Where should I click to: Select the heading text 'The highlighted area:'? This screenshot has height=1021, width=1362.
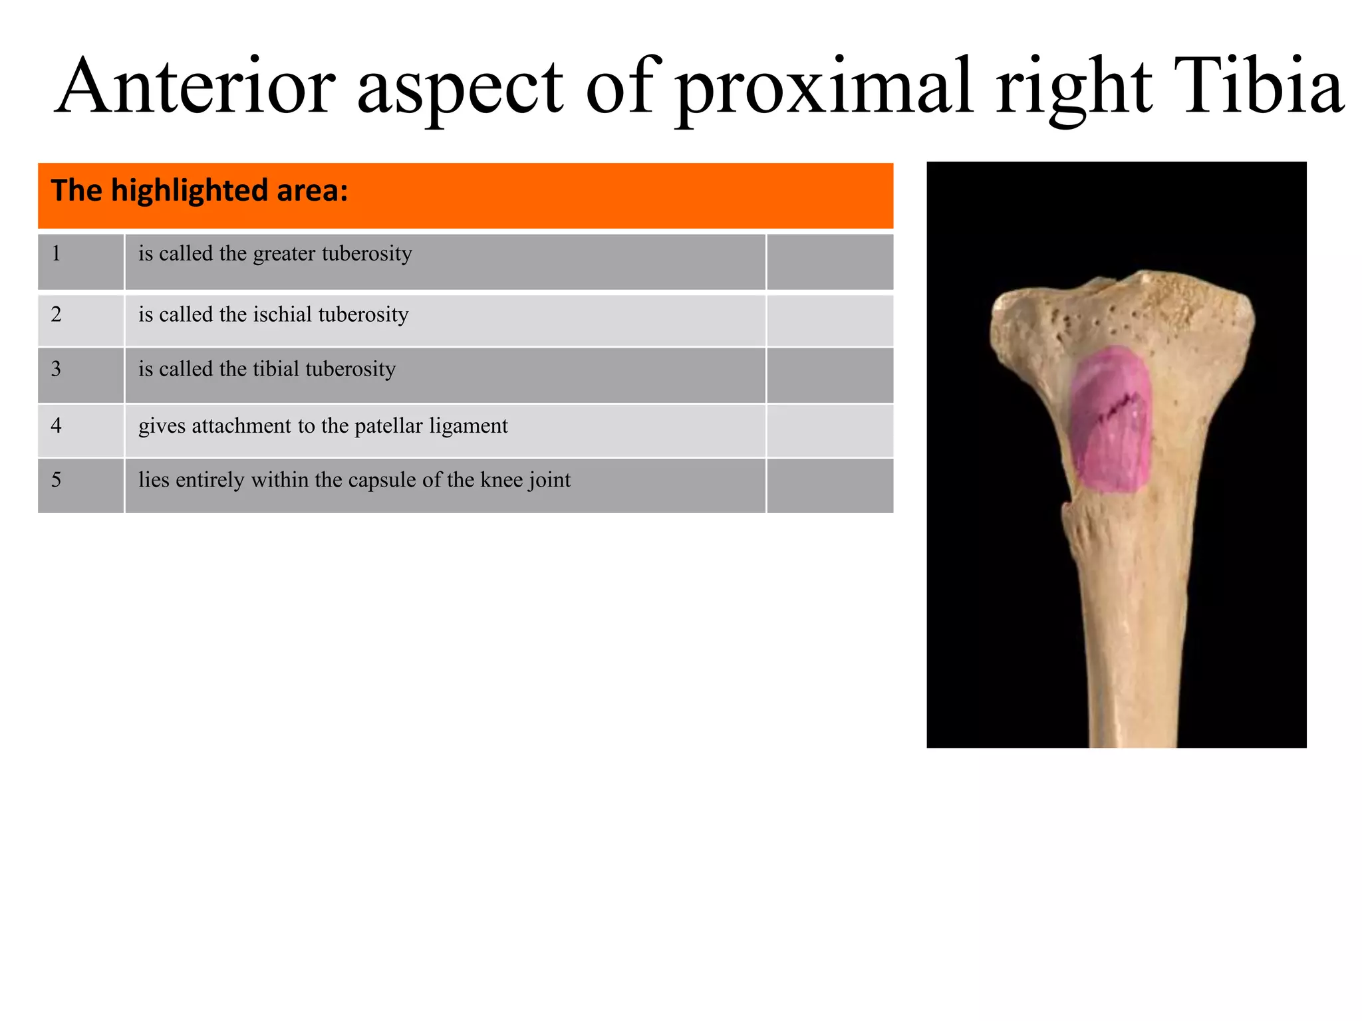(200, 191)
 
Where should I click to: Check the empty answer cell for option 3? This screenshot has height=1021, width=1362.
(829, 375)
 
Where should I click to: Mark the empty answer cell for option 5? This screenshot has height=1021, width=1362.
(829, 485)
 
